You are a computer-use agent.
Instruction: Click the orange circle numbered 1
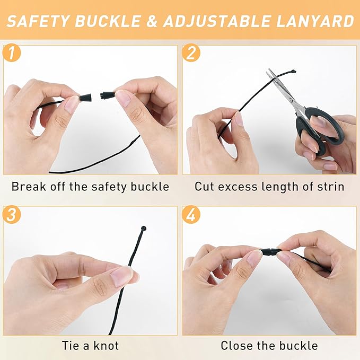click(x=12, y=53)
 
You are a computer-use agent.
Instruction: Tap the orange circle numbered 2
click(x=191, y=53)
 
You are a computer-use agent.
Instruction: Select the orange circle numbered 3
click(x=12, y=215)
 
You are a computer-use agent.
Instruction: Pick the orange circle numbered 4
click(x=191, y=215)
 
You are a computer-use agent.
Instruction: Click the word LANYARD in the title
click(x=315, y=21)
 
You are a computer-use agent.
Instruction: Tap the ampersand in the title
click(x=151, y=21)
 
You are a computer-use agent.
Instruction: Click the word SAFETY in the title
click(x=38, y=21)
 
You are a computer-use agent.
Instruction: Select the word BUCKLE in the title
click(x=108, y=21)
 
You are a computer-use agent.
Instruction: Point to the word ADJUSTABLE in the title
click(x=217, y=21)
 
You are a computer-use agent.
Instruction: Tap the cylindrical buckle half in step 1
click(x=108, y=95)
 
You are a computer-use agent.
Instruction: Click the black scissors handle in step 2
click(x=320, y=131)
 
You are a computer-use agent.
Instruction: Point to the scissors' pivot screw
click(x=291, y=100)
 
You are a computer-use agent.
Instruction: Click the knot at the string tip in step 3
click(x=144, y=229)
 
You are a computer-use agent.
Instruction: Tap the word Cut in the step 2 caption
click(x=204, y=187)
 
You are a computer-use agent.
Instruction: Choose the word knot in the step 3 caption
click(x=106, y=346)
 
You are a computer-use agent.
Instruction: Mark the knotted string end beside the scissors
click(x=293, y=71)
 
